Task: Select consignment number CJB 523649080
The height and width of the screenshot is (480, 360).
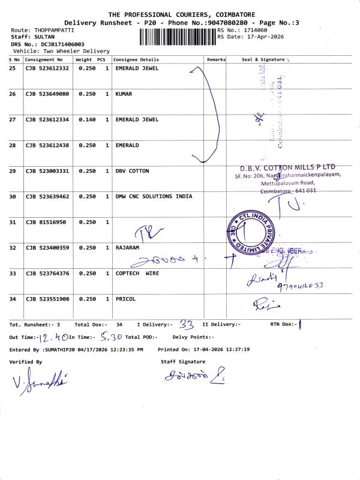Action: [x=47, y=94]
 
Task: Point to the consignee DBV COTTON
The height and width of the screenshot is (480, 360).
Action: [x=132, y=171]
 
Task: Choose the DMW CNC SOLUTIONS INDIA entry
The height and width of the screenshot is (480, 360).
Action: [x=154, y=197]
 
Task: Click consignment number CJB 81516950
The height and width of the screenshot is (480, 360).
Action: [x=46, y=222]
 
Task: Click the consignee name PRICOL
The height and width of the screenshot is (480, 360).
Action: [x=125, y=299]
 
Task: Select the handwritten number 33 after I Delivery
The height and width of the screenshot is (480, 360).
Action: [x=187, y=325]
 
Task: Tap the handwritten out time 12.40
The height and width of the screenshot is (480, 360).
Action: [x=52, y=337]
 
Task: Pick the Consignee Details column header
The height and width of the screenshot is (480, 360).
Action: [x=136, y=60]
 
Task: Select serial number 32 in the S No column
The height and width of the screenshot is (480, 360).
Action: [x=13, y=248]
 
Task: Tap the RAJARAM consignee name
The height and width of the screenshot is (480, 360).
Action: [x=128, y=248]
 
